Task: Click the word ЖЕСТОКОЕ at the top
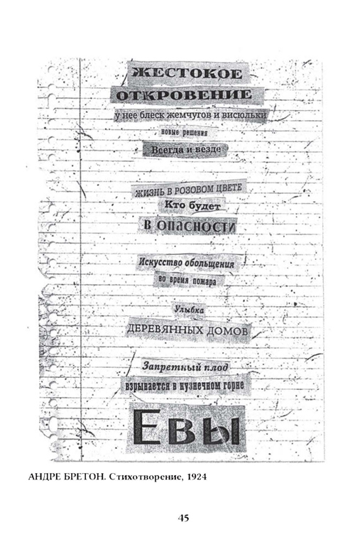(x=187, y=73)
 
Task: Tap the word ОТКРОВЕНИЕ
(x=184, y=94)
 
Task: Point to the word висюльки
(x=249, y=115)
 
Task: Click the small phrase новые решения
(x=184, y=133)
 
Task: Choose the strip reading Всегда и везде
(x=186, y=149)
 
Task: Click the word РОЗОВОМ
(x=195, y=190)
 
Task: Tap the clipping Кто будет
(x=192, y=205)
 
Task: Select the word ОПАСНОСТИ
(x=195, y=226)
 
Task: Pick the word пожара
(x=204, y=282)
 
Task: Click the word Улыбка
(x=190, y=310)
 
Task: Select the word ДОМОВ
(x=227, y=331)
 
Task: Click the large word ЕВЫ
(x=186, y=427)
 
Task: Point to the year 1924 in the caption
(x=197, y=477)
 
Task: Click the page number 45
(x=183, y=518)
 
